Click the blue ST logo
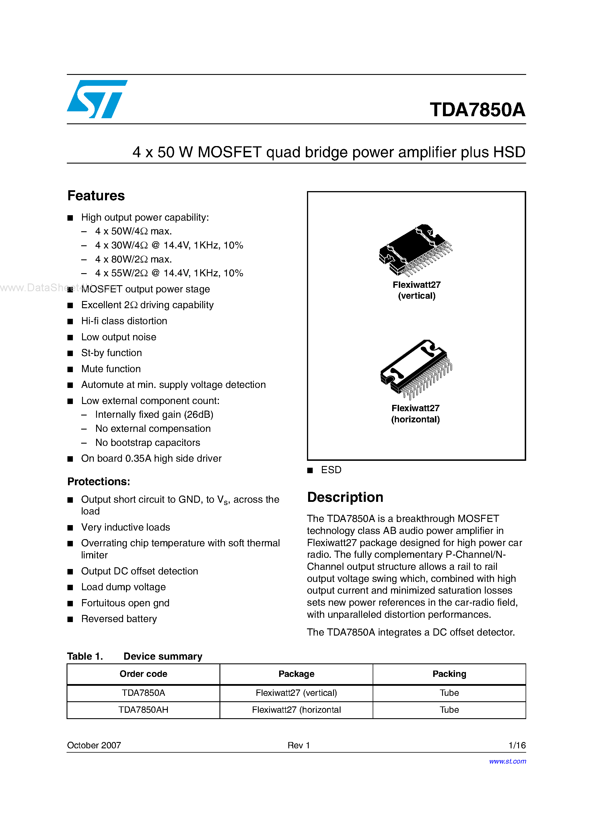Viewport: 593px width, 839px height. pyautogui.click(x=97, y=99)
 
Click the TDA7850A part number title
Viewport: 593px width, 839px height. pyautogui.click(x=477, y=110)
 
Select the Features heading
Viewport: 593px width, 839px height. pyautogui.click(x=96, y=196)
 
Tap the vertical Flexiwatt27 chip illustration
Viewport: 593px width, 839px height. pyautogui.click(x=415, y=250)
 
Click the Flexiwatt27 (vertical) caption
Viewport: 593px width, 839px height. pyautogui.click(x=417, y=290)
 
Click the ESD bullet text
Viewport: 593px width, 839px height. pyautogui.click(x=331, y=470)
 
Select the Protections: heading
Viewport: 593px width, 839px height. pyautogui.click(x=99, y=481)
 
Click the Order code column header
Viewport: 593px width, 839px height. pyautogui.click(x=143, y=674)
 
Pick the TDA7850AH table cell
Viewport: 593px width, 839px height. pyautogui.click(x=143, y=710)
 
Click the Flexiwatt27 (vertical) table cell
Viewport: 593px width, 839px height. pyautogui.click(x=296, y=693)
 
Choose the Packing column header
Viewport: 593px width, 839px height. pyautogui.click(x=449, y=674)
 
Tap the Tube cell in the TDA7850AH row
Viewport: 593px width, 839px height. pyautogui.click(x=449, y=710)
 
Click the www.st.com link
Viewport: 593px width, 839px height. pyautogui.click(x=507, y=761)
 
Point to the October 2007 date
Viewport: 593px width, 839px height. pyautogui.click(x=94, y=745)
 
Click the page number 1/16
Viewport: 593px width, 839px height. pyautogui.click(x=517, y=745)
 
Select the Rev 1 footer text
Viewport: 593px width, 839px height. pyautogui.click(x=299, y=745)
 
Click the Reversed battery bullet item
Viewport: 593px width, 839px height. pyautogui.click(x=119, y=619)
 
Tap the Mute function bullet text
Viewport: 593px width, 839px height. pyautogui.click(x=111, y=369)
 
